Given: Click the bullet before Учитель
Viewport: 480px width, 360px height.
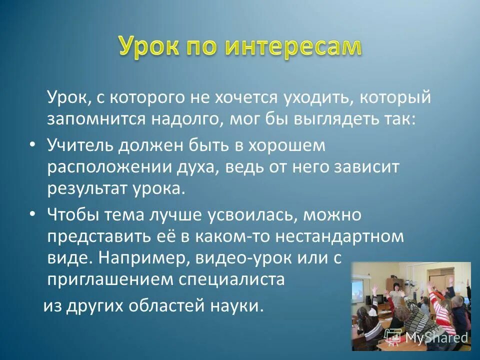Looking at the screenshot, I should [x=32, y=144].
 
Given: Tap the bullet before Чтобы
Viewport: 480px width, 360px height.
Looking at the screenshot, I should [x=32, y=213].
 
